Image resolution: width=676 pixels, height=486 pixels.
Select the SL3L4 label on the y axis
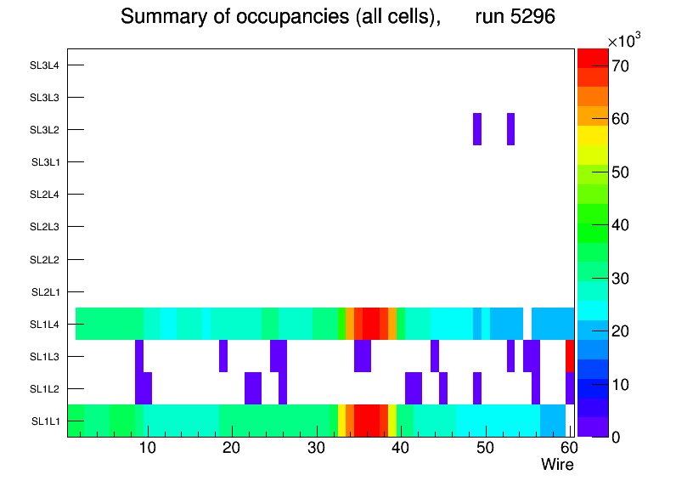(x=44, y=65)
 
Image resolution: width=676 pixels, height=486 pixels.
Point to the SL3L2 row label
(x=44, y=130)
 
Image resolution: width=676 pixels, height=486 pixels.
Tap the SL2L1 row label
(x=45, y=292)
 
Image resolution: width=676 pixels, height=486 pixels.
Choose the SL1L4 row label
(x=45, y=325)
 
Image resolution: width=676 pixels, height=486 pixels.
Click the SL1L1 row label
(x=45, y=421)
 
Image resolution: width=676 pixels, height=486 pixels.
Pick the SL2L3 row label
(x=44, y=227)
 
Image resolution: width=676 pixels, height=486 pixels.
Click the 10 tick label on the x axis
(x=148, y=448)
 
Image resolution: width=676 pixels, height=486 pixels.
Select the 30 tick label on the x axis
(x=316, y=448)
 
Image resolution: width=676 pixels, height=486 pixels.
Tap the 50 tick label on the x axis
(x=484, y=448)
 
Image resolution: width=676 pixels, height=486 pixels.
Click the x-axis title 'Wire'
(x=557, y=465)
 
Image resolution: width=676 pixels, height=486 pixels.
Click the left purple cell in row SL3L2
(x=477, y=129)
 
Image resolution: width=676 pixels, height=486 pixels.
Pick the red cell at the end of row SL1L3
(x=570, y=356)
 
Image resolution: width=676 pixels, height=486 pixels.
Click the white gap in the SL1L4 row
(x=527, y=324)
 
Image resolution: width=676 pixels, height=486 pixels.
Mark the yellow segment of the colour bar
(x=593, y=135)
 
